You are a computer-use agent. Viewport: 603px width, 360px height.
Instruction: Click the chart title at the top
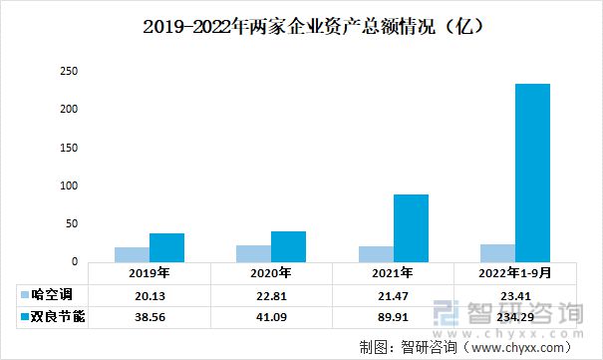click(x=301, y=25)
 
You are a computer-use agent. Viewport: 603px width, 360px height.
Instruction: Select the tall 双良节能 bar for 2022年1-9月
click(x=531, y=172)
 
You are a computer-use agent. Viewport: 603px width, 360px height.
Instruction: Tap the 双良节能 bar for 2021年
click(x=410, y=227)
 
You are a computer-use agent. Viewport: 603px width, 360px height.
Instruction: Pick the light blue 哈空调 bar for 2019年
click(x=132, y=253)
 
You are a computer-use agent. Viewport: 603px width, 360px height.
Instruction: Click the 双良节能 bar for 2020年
click(x=288, y=245)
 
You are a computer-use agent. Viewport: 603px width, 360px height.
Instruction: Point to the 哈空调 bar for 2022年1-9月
click(x=496, y=252)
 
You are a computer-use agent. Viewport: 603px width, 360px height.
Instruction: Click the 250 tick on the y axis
click(x=68, y=72)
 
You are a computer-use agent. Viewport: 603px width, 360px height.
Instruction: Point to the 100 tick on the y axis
click(x=68, y=185)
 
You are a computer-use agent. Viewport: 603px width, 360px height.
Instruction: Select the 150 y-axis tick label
click(x=68, y=148)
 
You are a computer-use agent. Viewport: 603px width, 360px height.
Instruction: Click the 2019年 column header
click(x=149, y=272)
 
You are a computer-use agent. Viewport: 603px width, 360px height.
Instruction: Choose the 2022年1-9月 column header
click(x=513, y=272)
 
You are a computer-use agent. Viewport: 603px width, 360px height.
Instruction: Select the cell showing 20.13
click(x=149, y=294)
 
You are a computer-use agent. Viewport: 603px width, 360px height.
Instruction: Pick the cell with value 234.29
click(x=513, y=316)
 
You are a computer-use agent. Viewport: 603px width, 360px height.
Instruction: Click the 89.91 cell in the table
click(x=392, y=316)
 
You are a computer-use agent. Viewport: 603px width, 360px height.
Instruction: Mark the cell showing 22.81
click(x=270, y=294)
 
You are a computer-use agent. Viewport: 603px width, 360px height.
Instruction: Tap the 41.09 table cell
click(x=270, y=316)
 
